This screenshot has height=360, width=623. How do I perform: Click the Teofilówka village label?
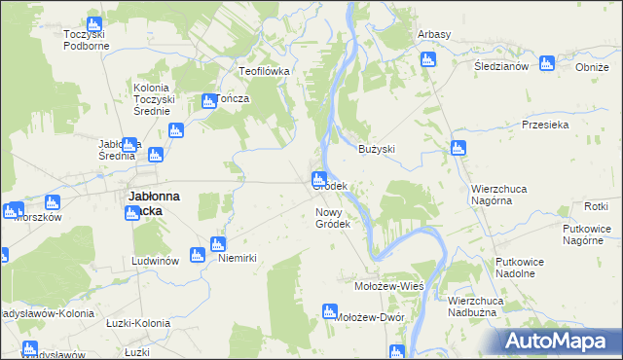[x=267, y=71]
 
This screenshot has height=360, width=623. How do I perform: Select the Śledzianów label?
[x=500, y=66]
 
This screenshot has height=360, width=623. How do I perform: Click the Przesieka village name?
[x=544, y=125]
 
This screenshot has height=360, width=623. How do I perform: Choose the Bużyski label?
[x=376, y=149]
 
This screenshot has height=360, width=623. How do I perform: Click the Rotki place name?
[x=596, y=206]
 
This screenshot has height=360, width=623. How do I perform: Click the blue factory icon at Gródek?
[x=318, y=179]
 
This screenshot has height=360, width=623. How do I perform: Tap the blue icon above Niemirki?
[x=218, y=244]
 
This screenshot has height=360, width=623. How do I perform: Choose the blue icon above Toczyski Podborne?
[x=93, y=24]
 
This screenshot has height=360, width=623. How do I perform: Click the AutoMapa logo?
[x=560, y=341]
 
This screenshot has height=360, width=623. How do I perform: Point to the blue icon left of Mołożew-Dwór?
[x=329, y=311]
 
